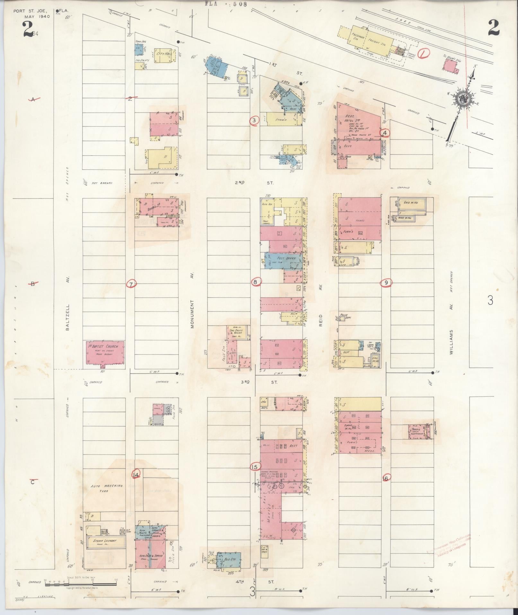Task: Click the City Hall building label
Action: tap(164, 54)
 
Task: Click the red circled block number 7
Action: tap(132, 284)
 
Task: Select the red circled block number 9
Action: tap(386, 283)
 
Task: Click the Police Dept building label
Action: tap(344, 316)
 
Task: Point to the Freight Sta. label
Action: tap(379, 42)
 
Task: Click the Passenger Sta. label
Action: tap(356, 36)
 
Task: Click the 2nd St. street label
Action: tap(254, 183)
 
